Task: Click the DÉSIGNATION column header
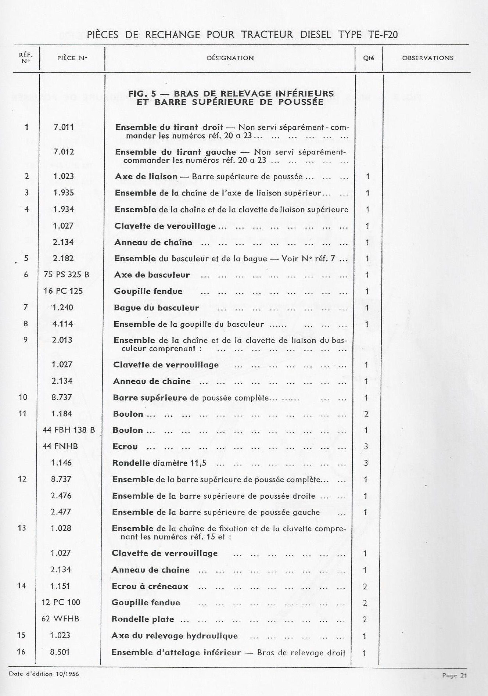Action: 230,58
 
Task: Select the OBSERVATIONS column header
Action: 427,58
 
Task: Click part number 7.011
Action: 64,127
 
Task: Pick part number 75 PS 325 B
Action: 67,275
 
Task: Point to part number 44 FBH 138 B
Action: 69,430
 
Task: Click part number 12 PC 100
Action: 61,602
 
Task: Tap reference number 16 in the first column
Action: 21,652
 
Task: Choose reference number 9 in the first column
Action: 25,340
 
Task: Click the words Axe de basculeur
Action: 152,275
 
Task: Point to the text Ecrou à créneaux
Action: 150,586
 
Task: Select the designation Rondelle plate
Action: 143,619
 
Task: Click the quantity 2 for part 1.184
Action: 366,414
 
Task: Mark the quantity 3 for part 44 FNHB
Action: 366,446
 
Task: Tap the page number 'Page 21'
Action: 455,675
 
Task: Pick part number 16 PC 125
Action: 63,291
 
